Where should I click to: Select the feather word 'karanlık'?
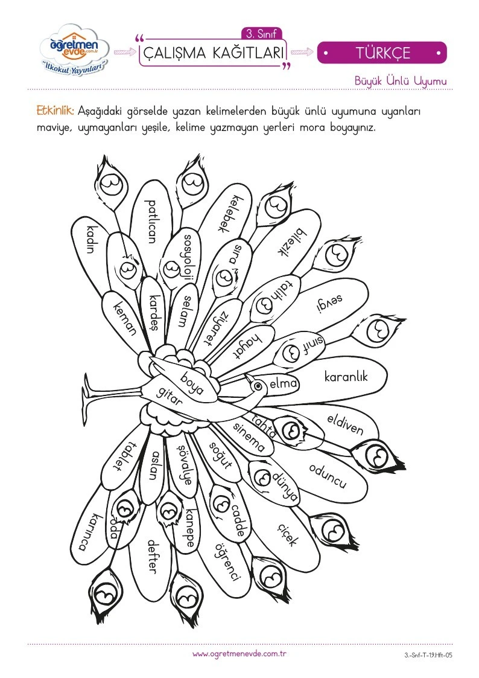(x=346, y=377)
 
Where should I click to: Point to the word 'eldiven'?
(x=345, y=424)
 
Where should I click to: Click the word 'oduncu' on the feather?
(x=328, y=476)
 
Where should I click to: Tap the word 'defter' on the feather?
(x=151, y=557)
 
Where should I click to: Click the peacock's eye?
(x=258, y=385)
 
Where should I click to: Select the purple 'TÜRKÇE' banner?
(x=382, y=53)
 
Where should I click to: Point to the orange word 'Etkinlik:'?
(x=56, y=110)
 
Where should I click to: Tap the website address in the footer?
(x=239, y=654)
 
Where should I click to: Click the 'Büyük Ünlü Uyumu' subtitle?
(x=401, y=81)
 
